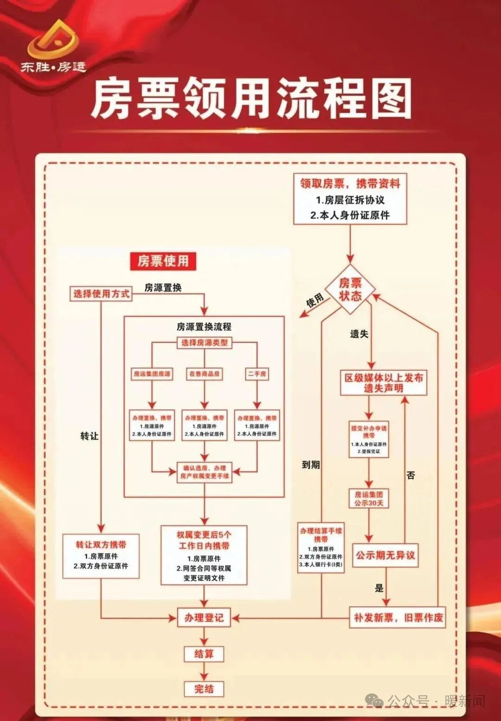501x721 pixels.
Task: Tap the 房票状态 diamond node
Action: point(350,290)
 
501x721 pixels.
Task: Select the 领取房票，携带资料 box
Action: point(350,199)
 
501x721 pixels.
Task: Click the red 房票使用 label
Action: point(163,261)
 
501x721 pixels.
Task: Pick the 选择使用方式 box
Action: point(101,294)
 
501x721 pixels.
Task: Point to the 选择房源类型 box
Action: point(205,343)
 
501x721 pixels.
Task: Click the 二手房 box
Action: point(257,374)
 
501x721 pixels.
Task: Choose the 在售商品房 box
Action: point(205,374)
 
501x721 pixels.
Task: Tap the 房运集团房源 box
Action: point(152,374)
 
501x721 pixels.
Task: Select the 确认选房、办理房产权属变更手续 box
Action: point(205,472)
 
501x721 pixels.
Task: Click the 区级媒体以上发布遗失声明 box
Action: point(384,383)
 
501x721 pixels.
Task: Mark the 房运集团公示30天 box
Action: point(369,499)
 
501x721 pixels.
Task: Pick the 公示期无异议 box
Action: point(385,555)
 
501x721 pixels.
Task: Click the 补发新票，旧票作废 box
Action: point(398,618)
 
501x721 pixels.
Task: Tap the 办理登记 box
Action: point(204,618)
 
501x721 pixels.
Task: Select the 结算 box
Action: point(204,654)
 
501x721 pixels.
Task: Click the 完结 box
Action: point(204,689)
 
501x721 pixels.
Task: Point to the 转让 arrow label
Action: point(90,436)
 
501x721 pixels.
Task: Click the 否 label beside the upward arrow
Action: point(411,475)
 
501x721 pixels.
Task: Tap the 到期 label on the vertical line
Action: point(311,465)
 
